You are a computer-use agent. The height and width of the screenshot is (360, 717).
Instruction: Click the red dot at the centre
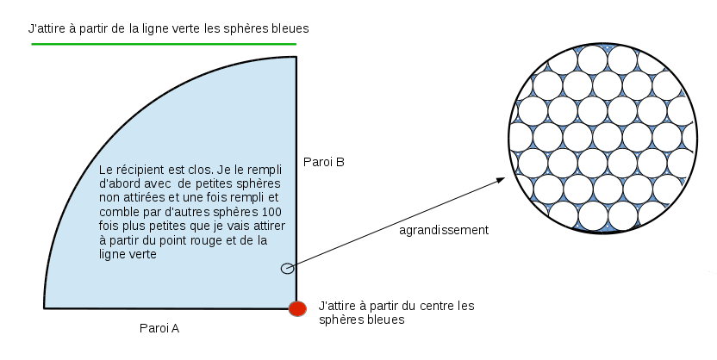[297, 307]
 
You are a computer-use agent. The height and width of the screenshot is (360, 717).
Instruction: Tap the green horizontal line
[164, 43]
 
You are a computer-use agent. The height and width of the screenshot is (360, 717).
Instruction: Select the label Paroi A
[159, 328]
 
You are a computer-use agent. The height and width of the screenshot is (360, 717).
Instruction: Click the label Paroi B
[324, 161]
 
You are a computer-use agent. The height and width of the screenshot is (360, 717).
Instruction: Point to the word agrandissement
[444, 230]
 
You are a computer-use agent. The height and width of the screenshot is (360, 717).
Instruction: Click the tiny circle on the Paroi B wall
[287, 269]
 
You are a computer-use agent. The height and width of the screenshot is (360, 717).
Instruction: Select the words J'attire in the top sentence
[48, 28]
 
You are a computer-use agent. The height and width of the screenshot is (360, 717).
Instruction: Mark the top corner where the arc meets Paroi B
[296, 57]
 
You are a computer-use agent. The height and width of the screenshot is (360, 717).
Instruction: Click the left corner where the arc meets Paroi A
[45, 307]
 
